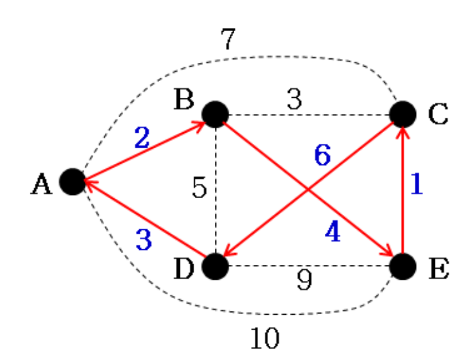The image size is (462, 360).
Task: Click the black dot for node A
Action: pos(72,182)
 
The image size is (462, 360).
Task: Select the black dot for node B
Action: pos(215,114)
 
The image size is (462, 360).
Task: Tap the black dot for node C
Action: pos(402,114)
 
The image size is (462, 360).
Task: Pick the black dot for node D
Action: pos(215,266)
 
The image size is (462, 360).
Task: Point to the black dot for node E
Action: pos(402,266)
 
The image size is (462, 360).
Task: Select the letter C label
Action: pos(438,115)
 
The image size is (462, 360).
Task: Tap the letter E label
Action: pos(438,267)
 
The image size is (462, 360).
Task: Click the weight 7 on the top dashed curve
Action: pos(228,40)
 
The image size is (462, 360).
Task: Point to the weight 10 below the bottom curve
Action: pos(263,337)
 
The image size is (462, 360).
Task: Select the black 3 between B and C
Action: pos(294,100)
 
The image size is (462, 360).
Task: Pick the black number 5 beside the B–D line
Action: pos(199,188)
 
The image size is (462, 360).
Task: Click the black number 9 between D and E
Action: pos(303,280)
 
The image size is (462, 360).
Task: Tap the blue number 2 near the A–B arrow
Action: pos(142,137)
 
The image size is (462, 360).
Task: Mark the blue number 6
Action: pos(322,154)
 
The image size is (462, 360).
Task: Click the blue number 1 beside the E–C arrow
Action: pos(416,185)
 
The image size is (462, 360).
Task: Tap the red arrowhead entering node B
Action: pos(199,123)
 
